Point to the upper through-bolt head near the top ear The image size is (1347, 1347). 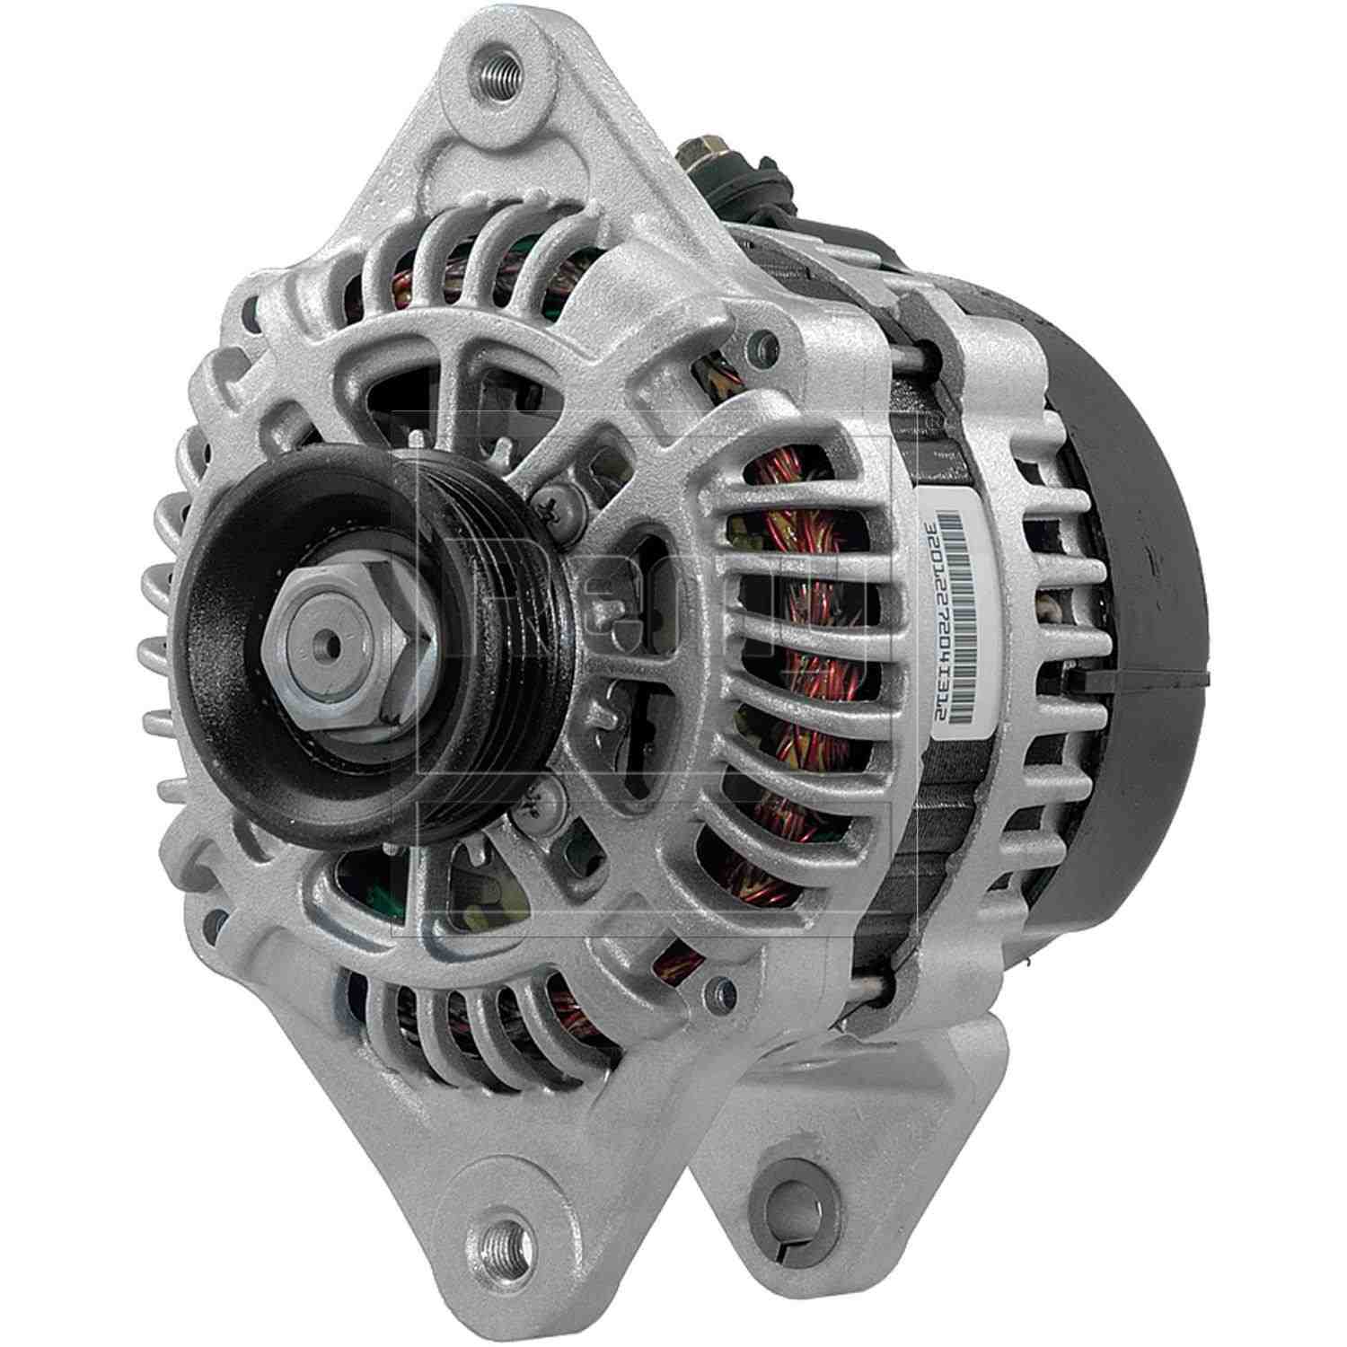[763, 342]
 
